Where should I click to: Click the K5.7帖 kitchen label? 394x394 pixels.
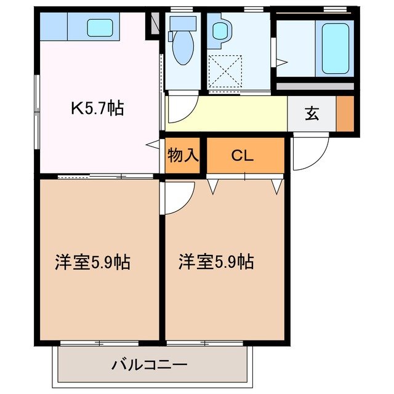(97, 109)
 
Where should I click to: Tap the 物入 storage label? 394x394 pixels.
(183, 155)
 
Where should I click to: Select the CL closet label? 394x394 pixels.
(243, 155)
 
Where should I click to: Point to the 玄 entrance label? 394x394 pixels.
(312, 113)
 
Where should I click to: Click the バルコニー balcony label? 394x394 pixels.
(149, 364)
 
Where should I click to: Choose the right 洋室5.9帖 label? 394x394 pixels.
(216, 262)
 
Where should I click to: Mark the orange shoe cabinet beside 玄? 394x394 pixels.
(345, 114)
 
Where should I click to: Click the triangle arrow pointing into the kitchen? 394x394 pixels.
(151, 143)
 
